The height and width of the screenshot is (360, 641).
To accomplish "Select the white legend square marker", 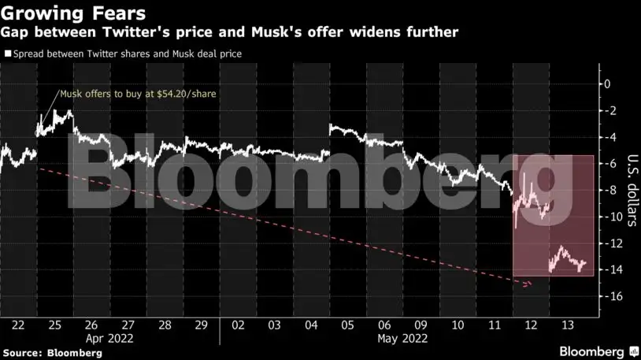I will pos(8,54).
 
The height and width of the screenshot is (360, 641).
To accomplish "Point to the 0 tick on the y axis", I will pos(606,84).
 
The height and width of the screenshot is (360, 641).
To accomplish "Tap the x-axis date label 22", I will pos(18,325).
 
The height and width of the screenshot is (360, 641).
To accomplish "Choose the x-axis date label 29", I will pos(201,325).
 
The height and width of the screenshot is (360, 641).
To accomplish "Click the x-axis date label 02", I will pos(238,325).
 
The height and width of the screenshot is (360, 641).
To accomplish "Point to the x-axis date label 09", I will pos(421,325).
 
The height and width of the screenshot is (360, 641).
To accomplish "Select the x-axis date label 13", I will pos(567,325).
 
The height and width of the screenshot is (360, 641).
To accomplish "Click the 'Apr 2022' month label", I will pos(109,339).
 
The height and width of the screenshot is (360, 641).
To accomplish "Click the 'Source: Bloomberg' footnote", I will pos(52,353).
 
